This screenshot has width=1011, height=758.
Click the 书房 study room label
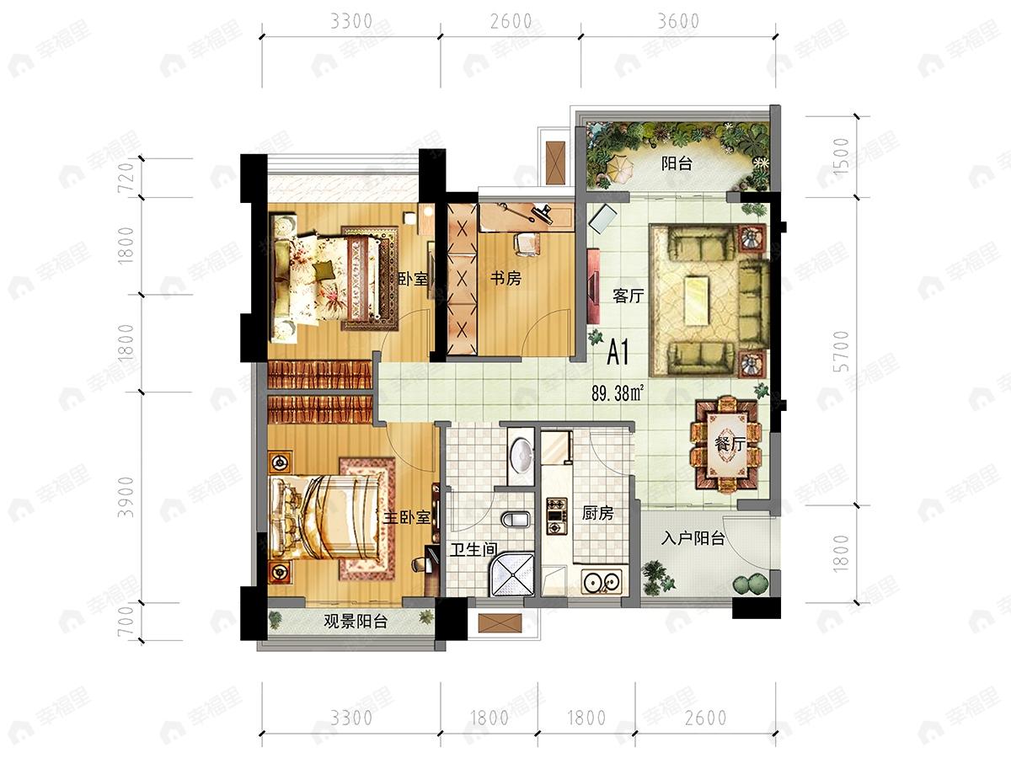(x=505, y=279)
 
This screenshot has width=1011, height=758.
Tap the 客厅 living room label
(x=629, y=296)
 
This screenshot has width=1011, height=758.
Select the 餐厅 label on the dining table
(x=730, y=444)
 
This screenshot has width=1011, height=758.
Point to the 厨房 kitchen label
(x=597, y=513)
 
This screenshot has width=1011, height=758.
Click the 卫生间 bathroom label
(x=474, y=549)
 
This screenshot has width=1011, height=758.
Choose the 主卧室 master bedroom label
(x=407, y=517)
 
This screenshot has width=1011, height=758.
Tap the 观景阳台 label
(x=356, y=622)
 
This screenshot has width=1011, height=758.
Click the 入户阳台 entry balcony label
(x=693, y=538)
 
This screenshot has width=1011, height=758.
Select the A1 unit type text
(x=618, y=353)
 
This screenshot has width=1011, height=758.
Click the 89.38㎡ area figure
(x=618, y=393)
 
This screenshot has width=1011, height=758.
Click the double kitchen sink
(x=602, y=583)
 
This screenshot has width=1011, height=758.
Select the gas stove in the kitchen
(x=556, y=516)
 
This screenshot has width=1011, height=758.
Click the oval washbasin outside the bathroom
(x=522, y=456)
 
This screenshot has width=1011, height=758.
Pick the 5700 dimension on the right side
(x=841, y=351)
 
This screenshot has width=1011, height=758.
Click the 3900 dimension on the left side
(x=126, y=497)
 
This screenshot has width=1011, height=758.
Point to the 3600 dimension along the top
(x=678, y=22)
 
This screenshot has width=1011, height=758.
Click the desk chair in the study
(x=527, y=243)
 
